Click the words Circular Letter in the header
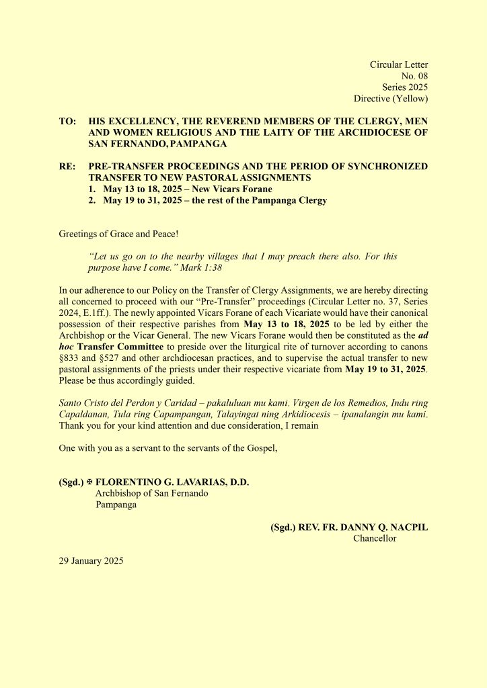[x=399, y=64]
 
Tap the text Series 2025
[x=405, y=87]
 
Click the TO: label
[x=68, y=122]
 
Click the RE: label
[x=68, y=167]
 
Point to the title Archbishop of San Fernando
[x=151, y=493]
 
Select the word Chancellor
[x=375, y=538]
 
